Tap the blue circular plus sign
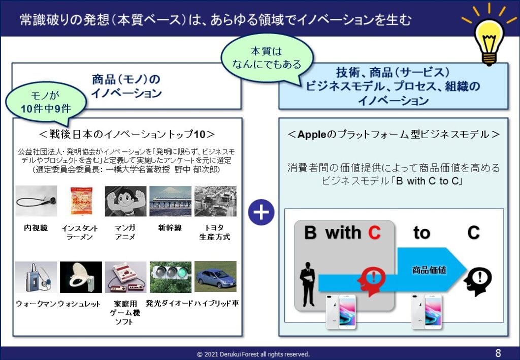261,212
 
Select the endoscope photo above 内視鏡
36,201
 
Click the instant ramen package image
81,201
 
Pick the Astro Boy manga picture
125,201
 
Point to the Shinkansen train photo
170,201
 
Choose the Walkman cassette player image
36,277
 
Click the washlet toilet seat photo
81,277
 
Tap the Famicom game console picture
125,277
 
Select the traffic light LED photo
170,277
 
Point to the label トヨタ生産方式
215,232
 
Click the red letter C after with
374,233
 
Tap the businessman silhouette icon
307,284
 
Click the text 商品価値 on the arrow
429,270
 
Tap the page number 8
498,353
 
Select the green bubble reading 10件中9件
46,101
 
